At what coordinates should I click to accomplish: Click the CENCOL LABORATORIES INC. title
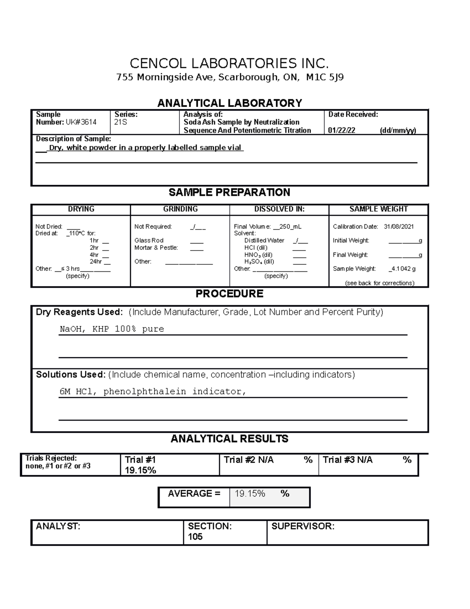(x=229, y=64)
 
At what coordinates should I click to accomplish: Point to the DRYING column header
(x=81, y=209)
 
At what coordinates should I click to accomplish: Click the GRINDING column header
(x=180, y=209)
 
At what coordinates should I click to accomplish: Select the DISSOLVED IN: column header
(x=279, y=209)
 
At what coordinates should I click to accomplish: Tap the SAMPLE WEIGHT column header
(x=378, y=209)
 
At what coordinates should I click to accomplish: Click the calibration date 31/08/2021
(x=399, y=227)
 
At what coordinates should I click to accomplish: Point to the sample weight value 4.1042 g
(x=403, y=269)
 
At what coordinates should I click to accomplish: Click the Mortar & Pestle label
(x=156, y=248)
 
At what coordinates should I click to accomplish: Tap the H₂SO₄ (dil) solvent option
(x=259, y=262)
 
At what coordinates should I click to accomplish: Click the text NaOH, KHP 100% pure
(x=112, y=329)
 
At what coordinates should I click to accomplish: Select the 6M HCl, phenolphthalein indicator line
(x=153, y=392)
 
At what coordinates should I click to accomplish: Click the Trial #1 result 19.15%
(x=140, y=471)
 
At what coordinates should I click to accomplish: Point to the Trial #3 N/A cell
(x=347, y=460)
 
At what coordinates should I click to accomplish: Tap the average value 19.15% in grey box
(x=250, y=494)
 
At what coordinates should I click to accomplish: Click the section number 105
(x=195, y=537)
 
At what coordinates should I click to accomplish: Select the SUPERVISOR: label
(x=303, y=527)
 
